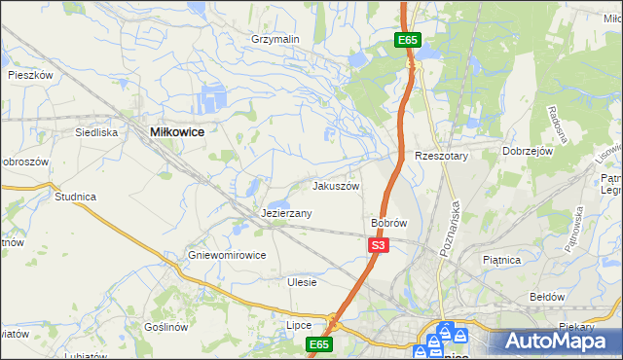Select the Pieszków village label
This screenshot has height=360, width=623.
(29, 74)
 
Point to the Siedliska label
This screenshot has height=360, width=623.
(96, 131)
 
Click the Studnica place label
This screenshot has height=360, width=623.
(75, 197)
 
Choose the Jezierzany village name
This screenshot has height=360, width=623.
(286, 212)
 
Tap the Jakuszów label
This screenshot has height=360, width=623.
(336, 186)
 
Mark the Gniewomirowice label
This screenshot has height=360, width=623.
(227, 255)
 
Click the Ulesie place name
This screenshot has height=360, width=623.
(303, 282)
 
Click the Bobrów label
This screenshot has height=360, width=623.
(388, 223)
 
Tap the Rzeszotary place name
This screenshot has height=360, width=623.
(442, 156)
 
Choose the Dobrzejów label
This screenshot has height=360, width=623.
(528, 152)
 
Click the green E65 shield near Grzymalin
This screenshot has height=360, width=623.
(408, 40)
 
